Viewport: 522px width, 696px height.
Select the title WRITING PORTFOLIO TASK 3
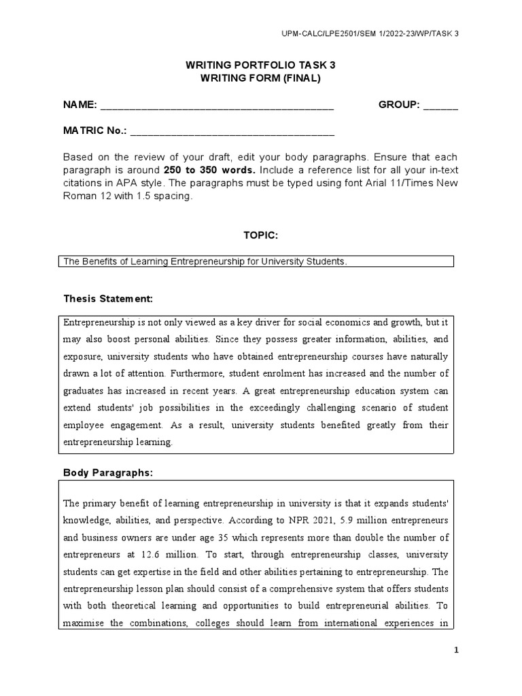pos(260,65)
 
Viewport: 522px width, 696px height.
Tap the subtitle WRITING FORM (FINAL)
pos(260,78)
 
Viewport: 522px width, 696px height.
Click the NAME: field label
pos(80,105)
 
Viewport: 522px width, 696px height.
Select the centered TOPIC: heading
pos(260,235)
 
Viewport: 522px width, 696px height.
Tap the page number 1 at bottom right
pos(457,650)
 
